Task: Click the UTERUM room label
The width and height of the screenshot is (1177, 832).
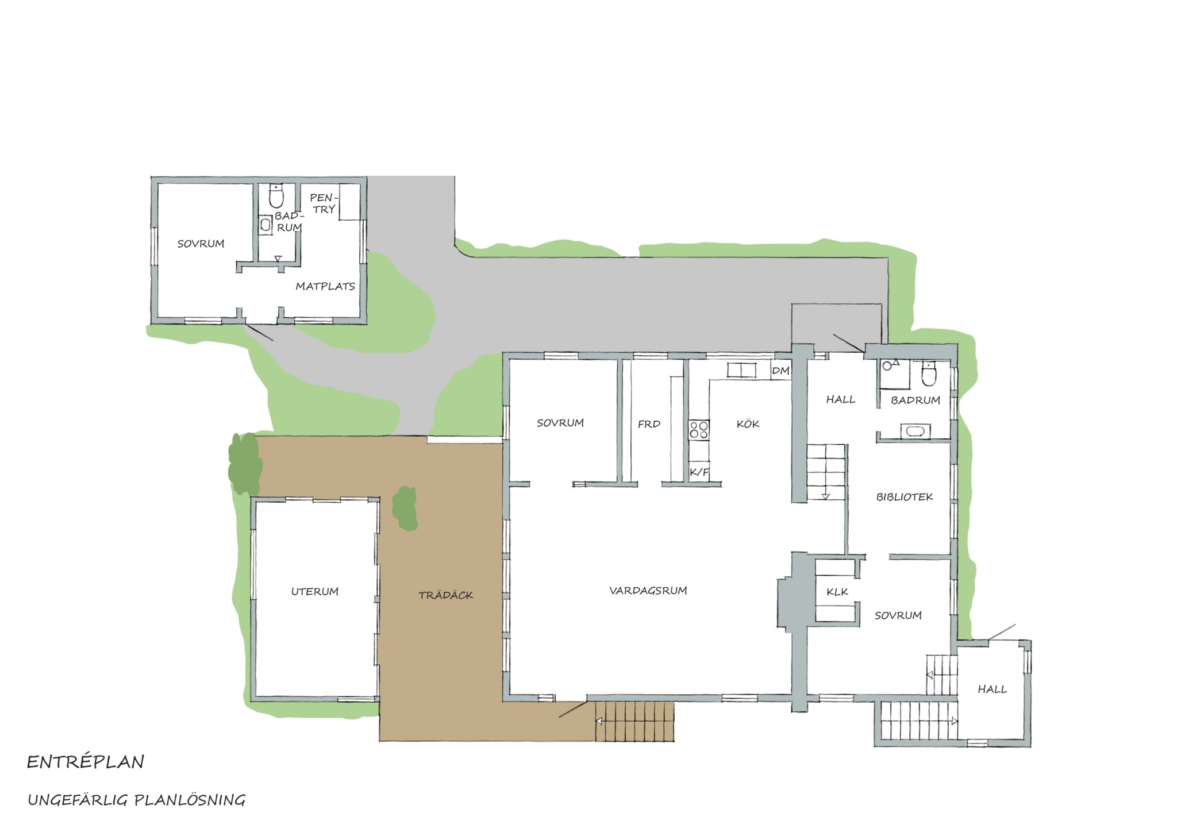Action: point(314,591)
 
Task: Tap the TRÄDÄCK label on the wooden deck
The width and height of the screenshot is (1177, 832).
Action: point(445,595)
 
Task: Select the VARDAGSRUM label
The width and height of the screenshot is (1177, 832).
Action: point(648,590)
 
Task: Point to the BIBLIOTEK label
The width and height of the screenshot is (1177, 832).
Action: point(905,497)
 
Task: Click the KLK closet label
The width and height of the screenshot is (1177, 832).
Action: point(837,592)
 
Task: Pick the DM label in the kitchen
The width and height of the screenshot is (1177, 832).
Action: point(780,371)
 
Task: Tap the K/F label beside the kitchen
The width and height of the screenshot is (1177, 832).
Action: point(699,472)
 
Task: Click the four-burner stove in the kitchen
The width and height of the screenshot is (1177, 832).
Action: point(699,430)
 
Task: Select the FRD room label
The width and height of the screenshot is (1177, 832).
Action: point(649,424)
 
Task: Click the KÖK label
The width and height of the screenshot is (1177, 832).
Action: point(748,424)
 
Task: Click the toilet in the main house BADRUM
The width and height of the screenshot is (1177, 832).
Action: point(929,373)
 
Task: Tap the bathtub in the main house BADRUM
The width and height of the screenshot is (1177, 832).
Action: point(913,431)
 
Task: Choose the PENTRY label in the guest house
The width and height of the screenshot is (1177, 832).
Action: point(324,203)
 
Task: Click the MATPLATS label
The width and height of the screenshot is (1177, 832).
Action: point(325,286)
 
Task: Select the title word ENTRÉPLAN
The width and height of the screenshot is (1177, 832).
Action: point(86,762)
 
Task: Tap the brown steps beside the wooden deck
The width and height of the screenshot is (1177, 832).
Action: point(634,722)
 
